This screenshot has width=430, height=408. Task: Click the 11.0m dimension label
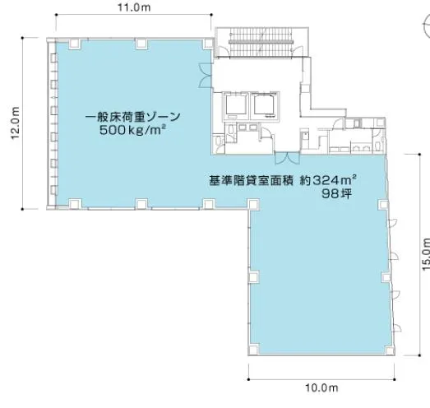[134, 7]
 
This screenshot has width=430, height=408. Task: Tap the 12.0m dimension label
[15, 123]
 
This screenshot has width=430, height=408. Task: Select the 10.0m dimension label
[321, 388]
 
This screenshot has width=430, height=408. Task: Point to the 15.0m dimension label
[426, 254]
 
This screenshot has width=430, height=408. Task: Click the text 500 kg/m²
[132, 130]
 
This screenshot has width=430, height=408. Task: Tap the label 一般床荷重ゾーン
[132, 117]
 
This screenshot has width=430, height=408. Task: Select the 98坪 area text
[336, 194]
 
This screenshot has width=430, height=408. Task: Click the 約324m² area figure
[328, 180]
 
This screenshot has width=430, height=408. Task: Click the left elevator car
[236, 105]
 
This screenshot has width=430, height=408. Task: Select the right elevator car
[265, 105]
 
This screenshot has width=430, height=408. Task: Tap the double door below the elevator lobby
[287, 159]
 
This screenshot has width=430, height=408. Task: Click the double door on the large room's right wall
[205, 75]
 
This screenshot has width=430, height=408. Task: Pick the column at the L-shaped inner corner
[253, 204]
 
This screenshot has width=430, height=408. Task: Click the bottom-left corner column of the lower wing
[253, 350]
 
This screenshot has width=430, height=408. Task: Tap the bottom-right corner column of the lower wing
[389, 350]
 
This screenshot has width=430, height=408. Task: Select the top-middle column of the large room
[141, 44]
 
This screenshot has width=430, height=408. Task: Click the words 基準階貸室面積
[252, 180]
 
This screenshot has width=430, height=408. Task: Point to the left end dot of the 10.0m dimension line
[249, 379]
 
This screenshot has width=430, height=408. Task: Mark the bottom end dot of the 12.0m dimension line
[22, 209]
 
